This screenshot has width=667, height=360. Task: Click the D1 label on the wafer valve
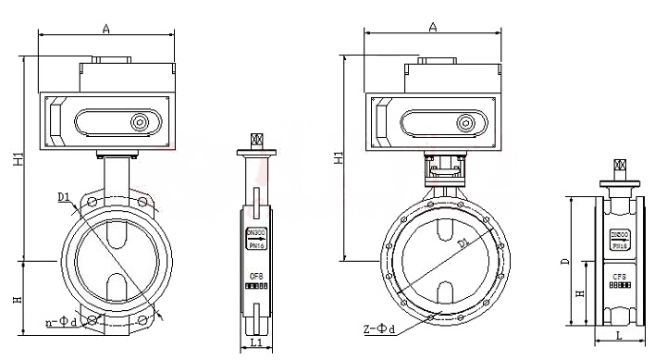62,196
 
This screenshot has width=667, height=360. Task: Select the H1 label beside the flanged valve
337,158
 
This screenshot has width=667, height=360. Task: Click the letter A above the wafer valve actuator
106,30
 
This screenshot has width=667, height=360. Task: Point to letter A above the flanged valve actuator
432,28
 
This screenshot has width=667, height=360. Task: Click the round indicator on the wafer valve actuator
141,122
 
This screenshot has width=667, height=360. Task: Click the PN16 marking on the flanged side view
620,245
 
